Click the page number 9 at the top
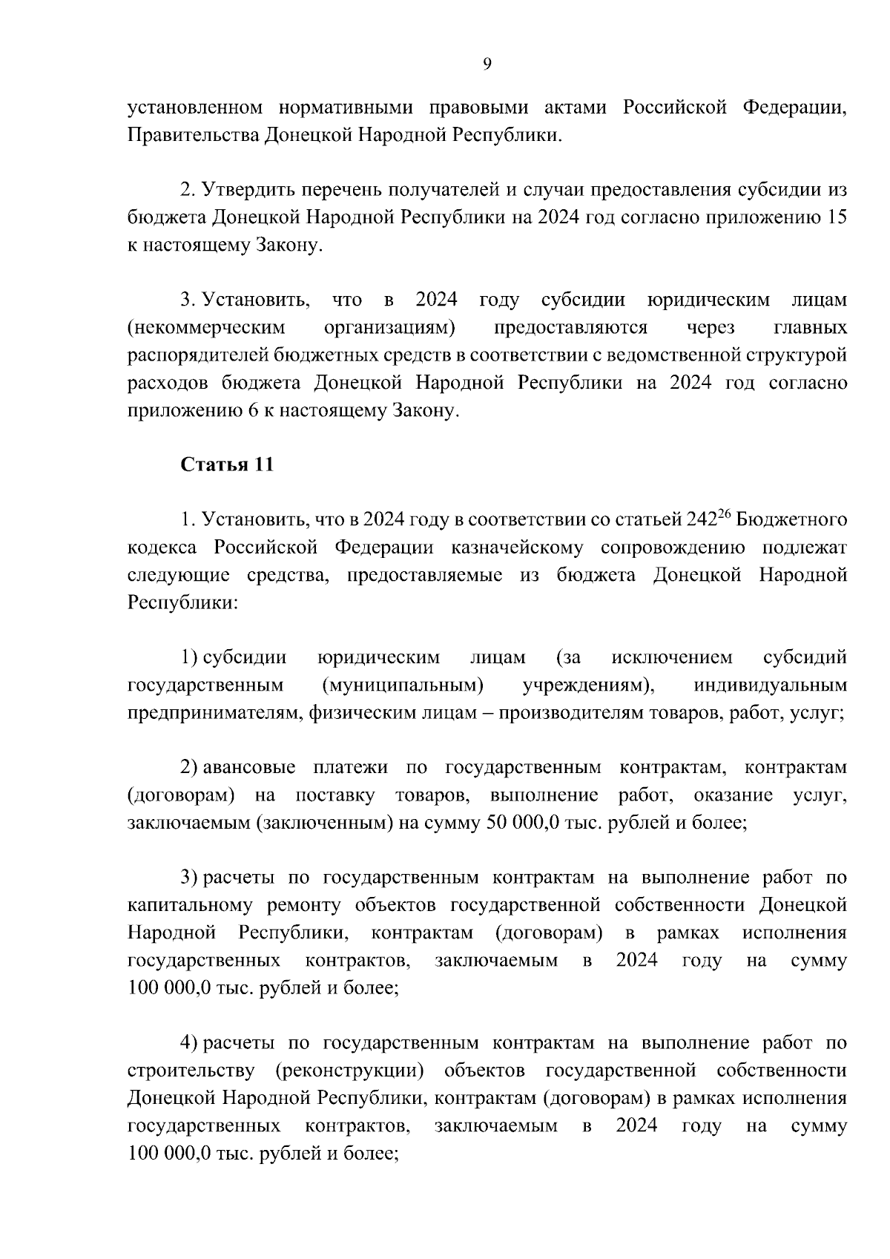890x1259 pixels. (x=487, y=65)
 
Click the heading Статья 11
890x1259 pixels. (x=228, y=464)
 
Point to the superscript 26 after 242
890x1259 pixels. (x=725, y=513)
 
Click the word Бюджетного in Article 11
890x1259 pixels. (x=793, y=519)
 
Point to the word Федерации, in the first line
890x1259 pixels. (x=794, y=108)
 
